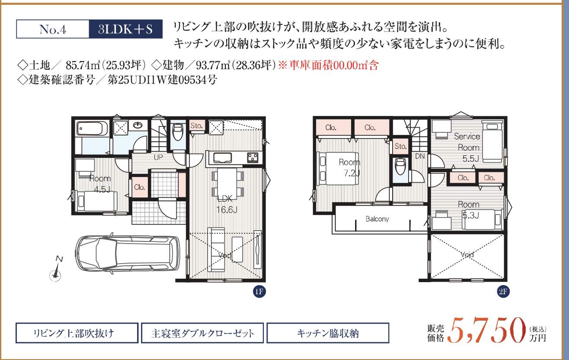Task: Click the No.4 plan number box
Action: point(53,29)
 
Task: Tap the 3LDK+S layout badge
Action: point(125,29)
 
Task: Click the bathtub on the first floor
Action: point(93,129)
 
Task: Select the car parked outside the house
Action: point(128,254)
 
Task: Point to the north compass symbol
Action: point(56,269)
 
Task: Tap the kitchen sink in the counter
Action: point(222,158)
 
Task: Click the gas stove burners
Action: point(253,157)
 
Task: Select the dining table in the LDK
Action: point(227,183)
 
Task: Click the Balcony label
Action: point(377,219)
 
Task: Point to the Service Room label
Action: point(467,142)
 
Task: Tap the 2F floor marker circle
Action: point(503,291)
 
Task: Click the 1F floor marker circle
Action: point(259,291)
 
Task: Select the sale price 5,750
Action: point(486,331)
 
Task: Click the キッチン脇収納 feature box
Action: point(328,333)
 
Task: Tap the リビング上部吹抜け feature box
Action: point(77,333)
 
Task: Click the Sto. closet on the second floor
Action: point(400,146)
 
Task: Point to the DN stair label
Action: point(420,156)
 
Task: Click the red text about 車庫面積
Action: point(329,65)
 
